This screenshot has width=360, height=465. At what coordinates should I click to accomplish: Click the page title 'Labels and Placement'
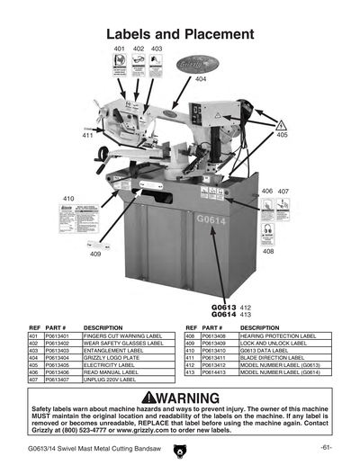pos(179,32)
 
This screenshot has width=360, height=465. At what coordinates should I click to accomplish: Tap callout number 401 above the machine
pos(120,48)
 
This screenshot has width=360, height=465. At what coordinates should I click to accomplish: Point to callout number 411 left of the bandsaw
pos(87,135)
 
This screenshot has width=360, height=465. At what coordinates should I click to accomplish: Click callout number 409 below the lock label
pos(95,255)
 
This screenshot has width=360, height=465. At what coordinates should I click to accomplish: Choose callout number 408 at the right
pos(268,251)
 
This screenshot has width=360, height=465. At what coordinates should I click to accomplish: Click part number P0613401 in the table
pos(58,335)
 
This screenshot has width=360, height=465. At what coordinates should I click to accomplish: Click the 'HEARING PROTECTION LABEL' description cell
pos(278,335)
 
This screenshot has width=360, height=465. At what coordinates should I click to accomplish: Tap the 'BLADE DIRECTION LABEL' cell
pos(274,357)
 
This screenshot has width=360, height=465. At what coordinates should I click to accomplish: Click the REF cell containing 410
pos(191,350)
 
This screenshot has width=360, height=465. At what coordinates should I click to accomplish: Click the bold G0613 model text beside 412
pos(223,308)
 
